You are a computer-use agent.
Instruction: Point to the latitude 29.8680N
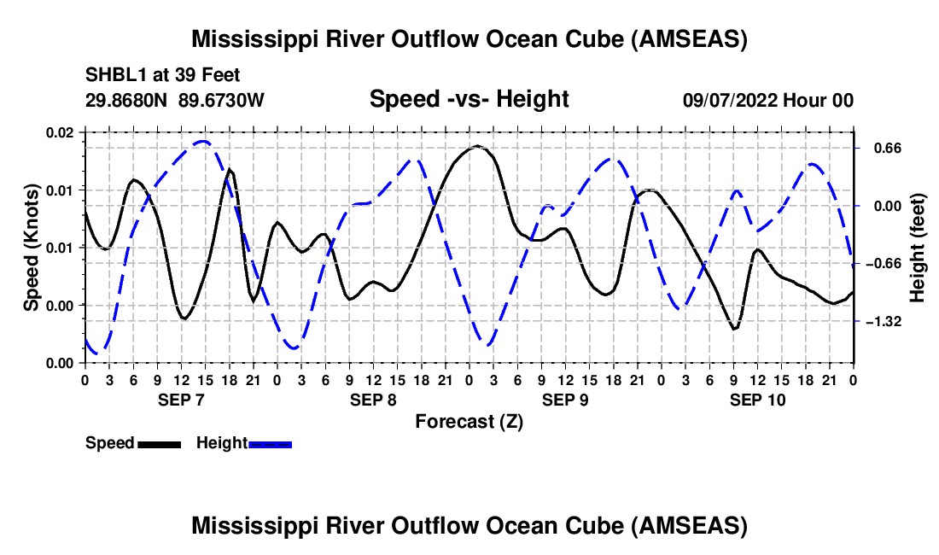point(126,100)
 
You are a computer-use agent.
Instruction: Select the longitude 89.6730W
point(221,100)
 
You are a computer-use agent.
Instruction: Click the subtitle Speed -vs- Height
point(469,99)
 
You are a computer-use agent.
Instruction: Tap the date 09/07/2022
point(730,100)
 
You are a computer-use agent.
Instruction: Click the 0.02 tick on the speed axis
point(59,132)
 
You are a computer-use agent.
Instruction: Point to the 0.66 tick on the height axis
point(888,148)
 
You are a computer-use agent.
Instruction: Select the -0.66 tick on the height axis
point(884,264)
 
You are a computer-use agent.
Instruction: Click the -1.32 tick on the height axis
point(884,322)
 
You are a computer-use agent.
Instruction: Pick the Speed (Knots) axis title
point(31,248)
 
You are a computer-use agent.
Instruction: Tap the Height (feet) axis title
point(918,248)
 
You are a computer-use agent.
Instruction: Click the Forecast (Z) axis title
point(469,422)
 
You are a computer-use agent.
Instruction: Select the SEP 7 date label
point(181,400)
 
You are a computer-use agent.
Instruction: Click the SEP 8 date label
point(373,400)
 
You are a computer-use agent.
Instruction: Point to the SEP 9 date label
point(565,400)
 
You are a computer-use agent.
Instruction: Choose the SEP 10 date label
point(757,400)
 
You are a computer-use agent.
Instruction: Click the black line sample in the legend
point(159,444)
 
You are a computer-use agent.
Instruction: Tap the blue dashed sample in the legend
point(270,444)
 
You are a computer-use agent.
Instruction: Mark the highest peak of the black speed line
point(476,145)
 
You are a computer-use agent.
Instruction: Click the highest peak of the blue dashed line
point(204,141)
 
